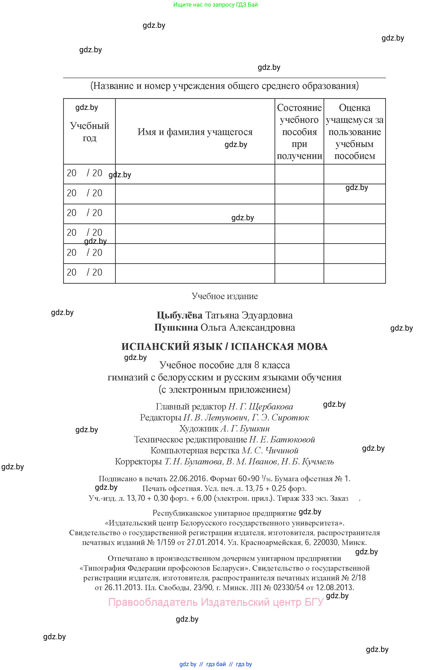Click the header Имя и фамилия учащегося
(x=195, y=132)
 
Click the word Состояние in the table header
(x=299, y=108)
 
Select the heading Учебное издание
(x=225, y=296)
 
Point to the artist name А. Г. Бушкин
(x=245, y=429)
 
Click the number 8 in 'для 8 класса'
(x=256, y=365)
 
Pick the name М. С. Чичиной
(x=270, y=450)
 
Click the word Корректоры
(x=138, y=461)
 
